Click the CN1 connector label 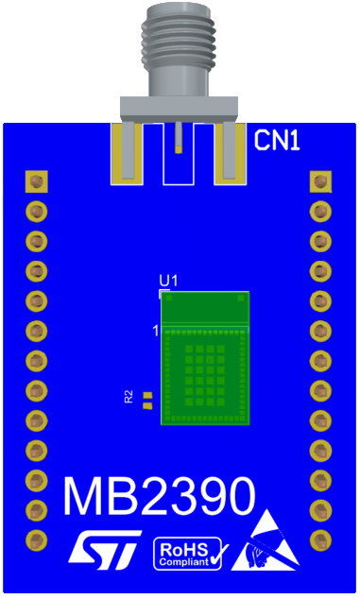pyautogui.click(x=278, y=142)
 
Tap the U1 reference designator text pyautogui.click(x=168, y=281)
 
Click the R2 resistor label pyautogui.click(x=129, y=397)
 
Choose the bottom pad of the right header pyautogui.click(x=321, y=540)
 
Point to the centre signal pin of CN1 pyautogui.click(x=178, y=140)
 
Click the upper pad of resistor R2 pyautogui.click(x=147, y=394)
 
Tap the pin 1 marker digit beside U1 pyautogui.click(x=156, y=330)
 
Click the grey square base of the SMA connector pyautogui.click(x=178, y=107)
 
